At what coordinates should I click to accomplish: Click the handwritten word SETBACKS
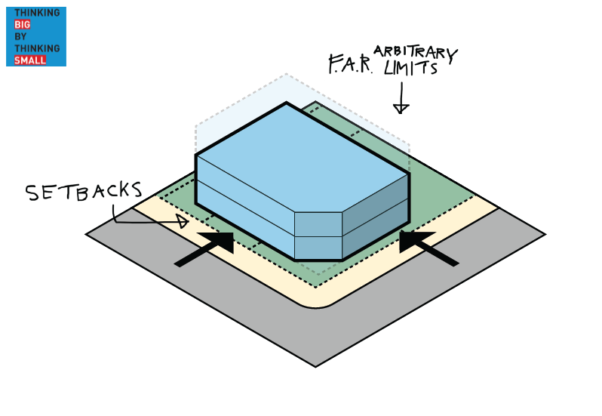click(x=84, y=192)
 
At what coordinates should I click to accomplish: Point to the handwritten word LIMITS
click(x=410, y=69)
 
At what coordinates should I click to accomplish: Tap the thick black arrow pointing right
click(x=205, y=250)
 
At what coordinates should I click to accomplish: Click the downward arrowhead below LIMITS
click(x=401, y=109)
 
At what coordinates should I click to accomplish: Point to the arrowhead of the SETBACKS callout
click(x=182, y=222)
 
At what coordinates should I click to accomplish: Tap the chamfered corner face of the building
click(x=318, y=235)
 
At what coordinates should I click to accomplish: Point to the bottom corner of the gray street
click(x=316, y=366)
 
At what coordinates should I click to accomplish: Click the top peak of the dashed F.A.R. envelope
click(x=286, y=75)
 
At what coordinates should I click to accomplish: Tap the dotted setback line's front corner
click(x=316, y=286)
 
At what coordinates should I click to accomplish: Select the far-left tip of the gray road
click(x=88, y=234)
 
